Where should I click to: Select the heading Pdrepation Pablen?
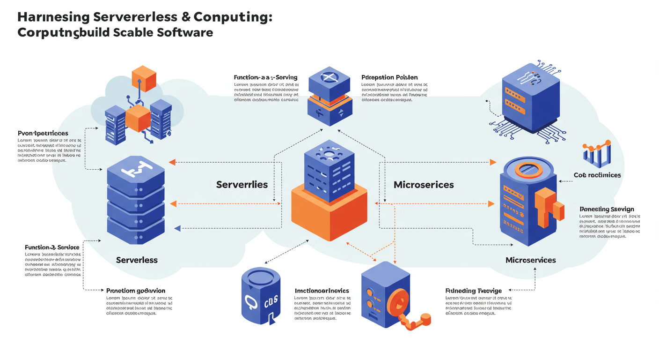(x=389, y=77)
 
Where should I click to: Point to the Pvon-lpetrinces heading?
(x=43, y=134)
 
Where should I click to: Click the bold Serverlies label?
(x=242, y=185)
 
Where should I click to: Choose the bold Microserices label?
(x=424, y=185)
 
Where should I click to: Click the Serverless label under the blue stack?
(x=137, y=260)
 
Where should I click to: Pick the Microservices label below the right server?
(x=531, y=260)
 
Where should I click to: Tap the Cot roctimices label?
(x=597, y=175)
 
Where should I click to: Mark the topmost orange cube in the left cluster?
(x=144, y=78)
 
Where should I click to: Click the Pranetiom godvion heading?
(x=136, y=291)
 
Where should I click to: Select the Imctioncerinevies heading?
(x=322, y=291)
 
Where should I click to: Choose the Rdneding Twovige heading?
(x=474, y=291)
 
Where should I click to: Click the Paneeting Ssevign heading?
(x=607, y=209)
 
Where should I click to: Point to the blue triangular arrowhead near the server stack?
(x=177, y=228)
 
